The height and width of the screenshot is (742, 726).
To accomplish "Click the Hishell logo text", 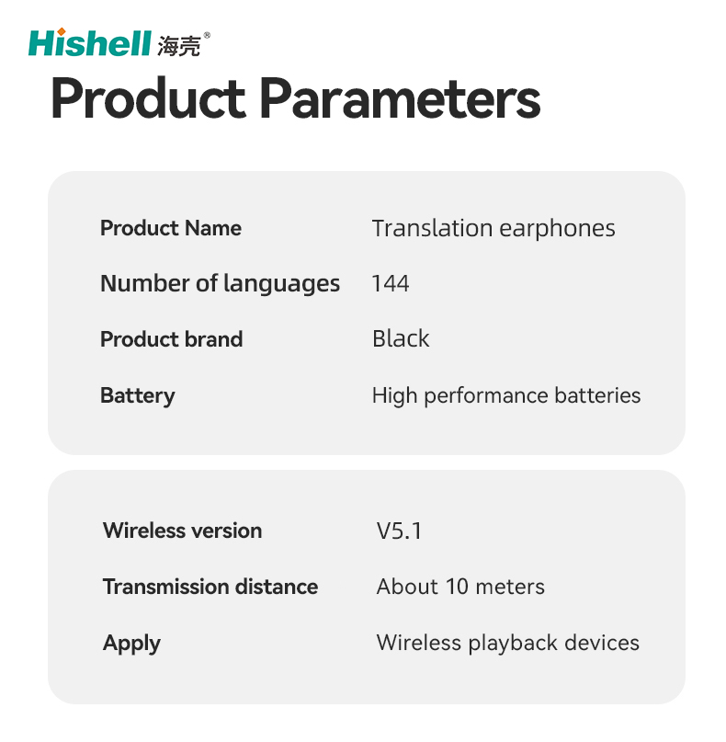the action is pyautogui.click(x=90, y=43).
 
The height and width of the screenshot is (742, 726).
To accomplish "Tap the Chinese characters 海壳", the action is pyautogui.click(x=179, y=46).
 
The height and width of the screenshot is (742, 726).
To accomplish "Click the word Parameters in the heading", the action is pyautogui.click(x=400, y=99).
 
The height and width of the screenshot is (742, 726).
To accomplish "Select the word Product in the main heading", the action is pyautogui.click(x=148, y=99).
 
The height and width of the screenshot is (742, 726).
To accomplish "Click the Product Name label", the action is pyautogui.click(x=171, y=228).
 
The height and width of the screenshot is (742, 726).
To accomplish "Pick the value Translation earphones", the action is pyautogui.click(x=493, y=229).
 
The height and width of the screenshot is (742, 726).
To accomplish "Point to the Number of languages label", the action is pyautogui.click(x=220, y=284).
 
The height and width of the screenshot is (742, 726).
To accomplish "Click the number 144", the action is pyautogui.click(x=391, y=284).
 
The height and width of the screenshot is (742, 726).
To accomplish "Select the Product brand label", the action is pyautogui.click(x=171, y=339).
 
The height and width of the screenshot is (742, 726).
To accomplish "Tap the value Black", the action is pyautogui.click(x=401, y=339).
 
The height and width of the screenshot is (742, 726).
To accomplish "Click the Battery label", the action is pyautogui.click(x=137, y=395).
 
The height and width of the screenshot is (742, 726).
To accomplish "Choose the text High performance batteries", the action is pyautogui.click(x=506, y=395).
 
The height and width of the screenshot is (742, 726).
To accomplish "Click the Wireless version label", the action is pyautogui.click(x=182, y=531).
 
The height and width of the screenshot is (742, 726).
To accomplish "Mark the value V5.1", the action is pyautogui.click(x=398, y=531).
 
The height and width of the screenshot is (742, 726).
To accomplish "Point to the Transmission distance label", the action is pyautogui.click(x=210, y=587).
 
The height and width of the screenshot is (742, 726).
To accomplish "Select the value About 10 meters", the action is pyautogui.click(x=460, y=587).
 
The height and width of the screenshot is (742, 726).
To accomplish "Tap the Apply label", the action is pyautogui.click(x=131, y=644).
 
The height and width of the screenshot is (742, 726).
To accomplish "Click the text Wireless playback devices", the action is pyautogui.click(x=507, y=643).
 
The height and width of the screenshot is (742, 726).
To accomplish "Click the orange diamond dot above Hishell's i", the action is pyautogui.click(x=61, y=31).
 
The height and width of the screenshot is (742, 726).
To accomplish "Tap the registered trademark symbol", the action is pyautogui.click(x=207, y=35).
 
